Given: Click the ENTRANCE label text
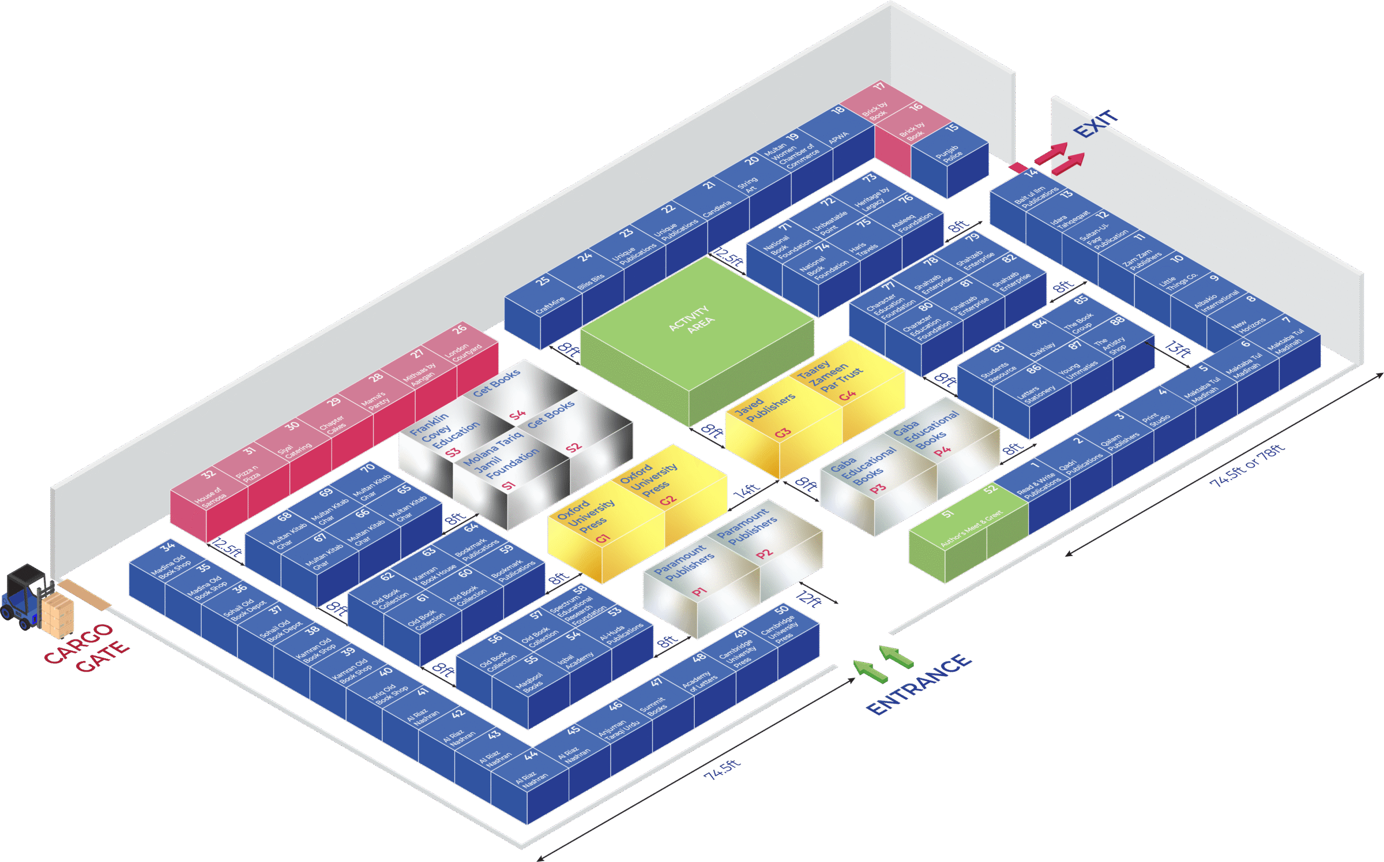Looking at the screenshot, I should click(919, 684).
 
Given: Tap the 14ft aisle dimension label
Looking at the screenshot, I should click(747, 491).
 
